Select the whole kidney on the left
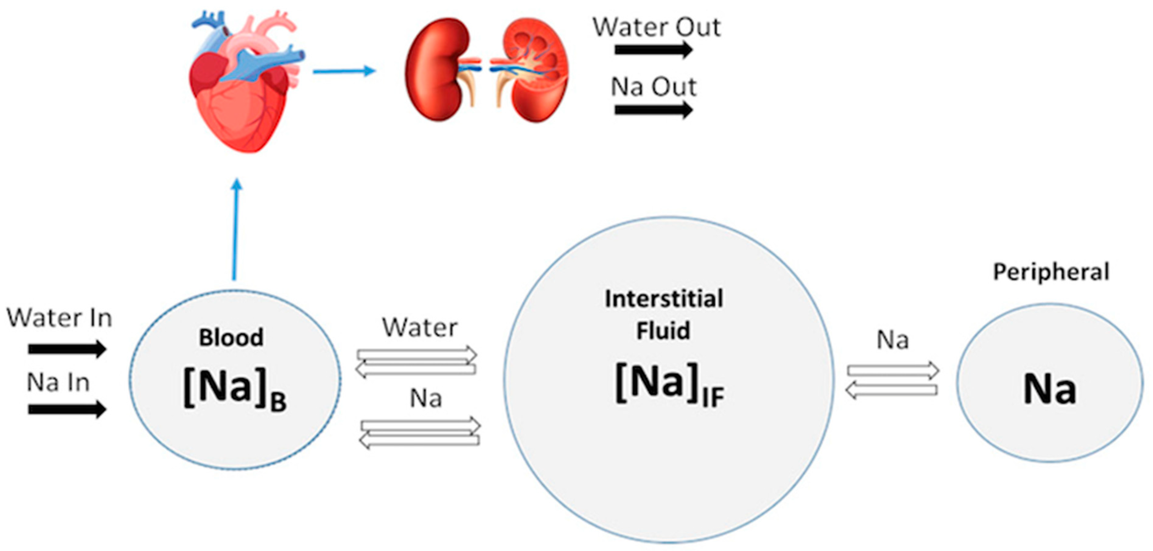tap(436, 69)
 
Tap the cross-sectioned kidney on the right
tap(533, 69)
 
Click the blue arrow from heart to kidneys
tap(344, 71)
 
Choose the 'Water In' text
tap(59, 318)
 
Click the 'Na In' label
tap(58, 383)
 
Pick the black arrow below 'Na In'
tap(67, 409)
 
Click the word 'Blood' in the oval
tap(231, 337)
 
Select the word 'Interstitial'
tap(664, 299)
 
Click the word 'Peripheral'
tap(1051, 272)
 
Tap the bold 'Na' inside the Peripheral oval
tap(1050, 389)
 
